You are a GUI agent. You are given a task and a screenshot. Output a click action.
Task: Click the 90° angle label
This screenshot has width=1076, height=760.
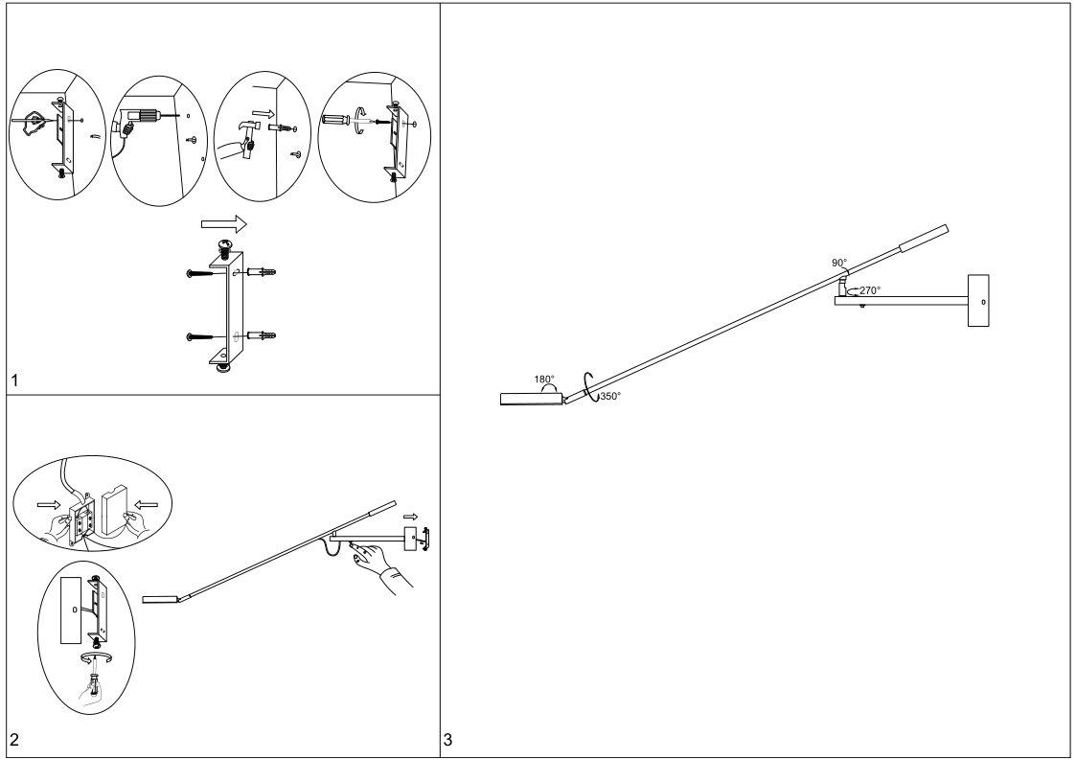point(838,262)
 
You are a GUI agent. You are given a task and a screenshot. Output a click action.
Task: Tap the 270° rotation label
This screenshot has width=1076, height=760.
point(869,289)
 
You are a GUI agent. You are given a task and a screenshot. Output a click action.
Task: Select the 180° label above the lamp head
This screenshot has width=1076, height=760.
point(544,380)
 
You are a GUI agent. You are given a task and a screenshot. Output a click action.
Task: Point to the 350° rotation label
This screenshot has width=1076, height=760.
point(610,396)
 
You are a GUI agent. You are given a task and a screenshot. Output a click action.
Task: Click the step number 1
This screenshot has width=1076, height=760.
point(13,381)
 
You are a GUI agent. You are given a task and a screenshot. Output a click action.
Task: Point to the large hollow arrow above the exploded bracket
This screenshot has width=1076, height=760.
point(224,224)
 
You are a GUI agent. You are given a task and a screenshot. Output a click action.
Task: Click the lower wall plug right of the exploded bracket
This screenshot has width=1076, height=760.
point(263,335)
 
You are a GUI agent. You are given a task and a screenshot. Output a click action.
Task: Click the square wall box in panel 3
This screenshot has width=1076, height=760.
point(978,301)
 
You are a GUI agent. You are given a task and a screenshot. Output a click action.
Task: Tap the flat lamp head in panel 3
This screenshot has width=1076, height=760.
point(530,399)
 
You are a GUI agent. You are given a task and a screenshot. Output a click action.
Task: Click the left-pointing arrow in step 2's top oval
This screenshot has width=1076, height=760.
point(146,503)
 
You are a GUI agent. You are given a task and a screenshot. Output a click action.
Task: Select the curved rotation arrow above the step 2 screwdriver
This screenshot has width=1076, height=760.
point(94,657)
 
